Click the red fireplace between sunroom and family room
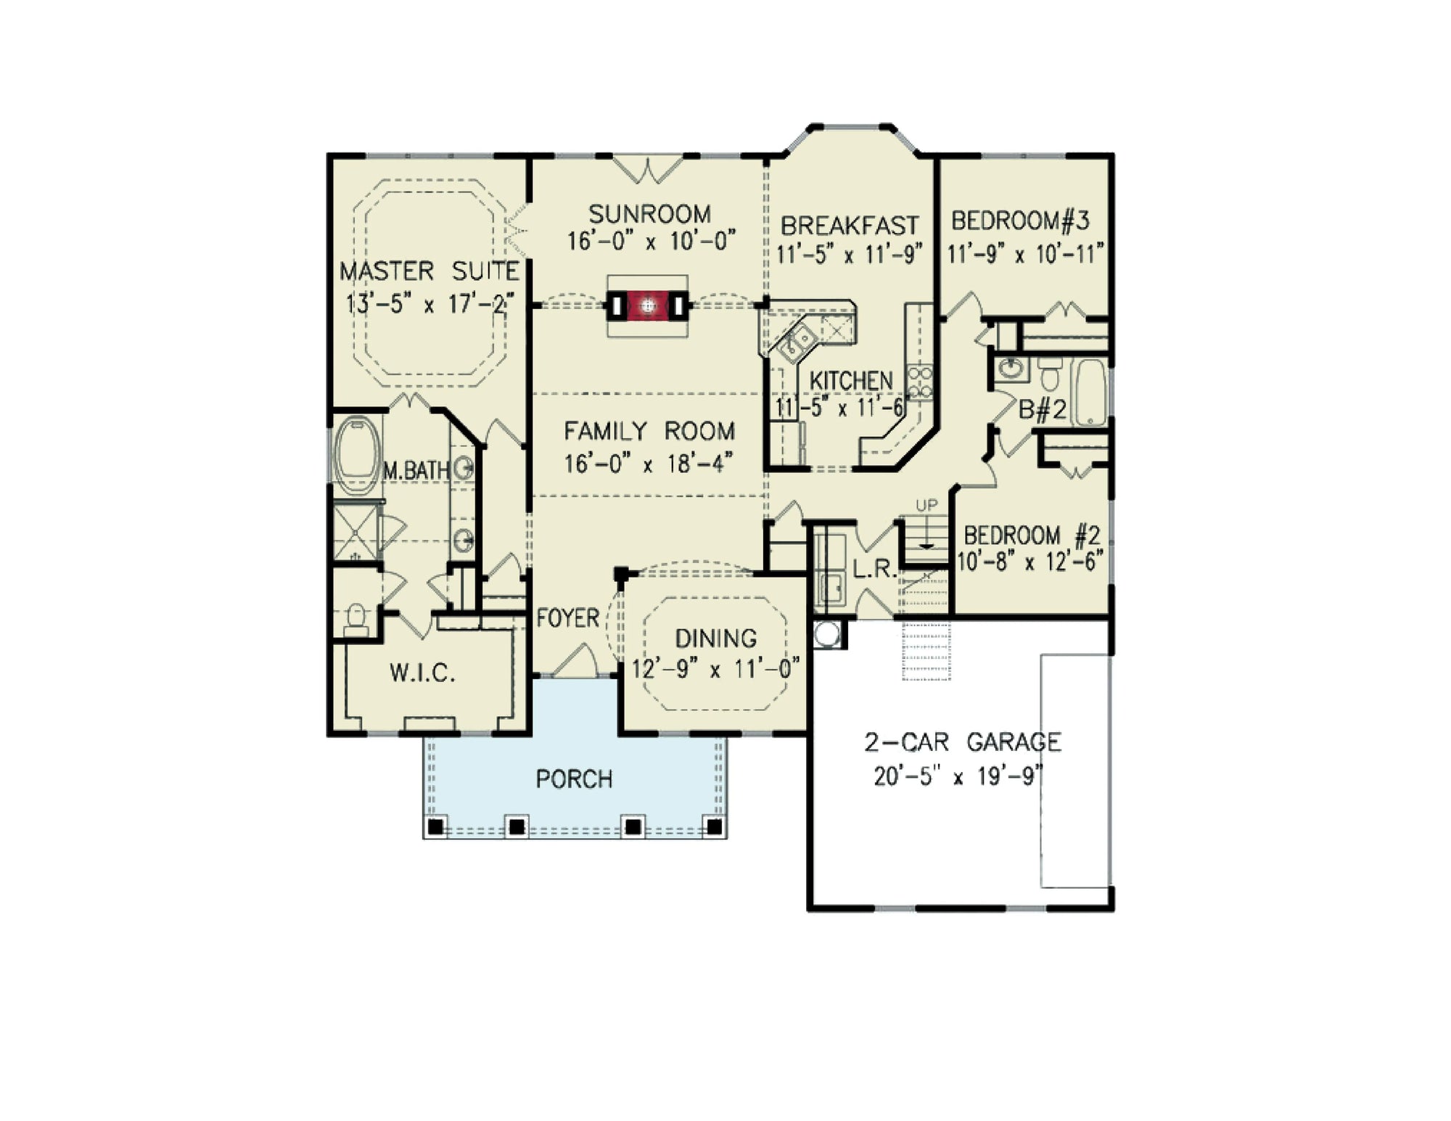(x=648, y=306)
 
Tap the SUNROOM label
(x=649, y=214)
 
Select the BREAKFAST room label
(x=850, y=226)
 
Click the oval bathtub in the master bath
(x=357, y=455)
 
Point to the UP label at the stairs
(x=926, y=505)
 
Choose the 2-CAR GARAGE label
(x=963, y=742)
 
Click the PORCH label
(x=575, y=779)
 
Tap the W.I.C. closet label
(x=422, y=673)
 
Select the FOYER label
(x=568, y=618)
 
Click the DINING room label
(x=716, y=638)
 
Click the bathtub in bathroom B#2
(x=1090, y=392)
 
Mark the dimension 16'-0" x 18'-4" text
(x=649, y=463)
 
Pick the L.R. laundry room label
(x=875, y=570)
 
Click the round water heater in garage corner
(x=826, y=633)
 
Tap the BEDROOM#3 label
(x=1020, y=220)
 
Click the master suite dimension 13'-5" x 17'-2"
(x=429, y=303)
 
